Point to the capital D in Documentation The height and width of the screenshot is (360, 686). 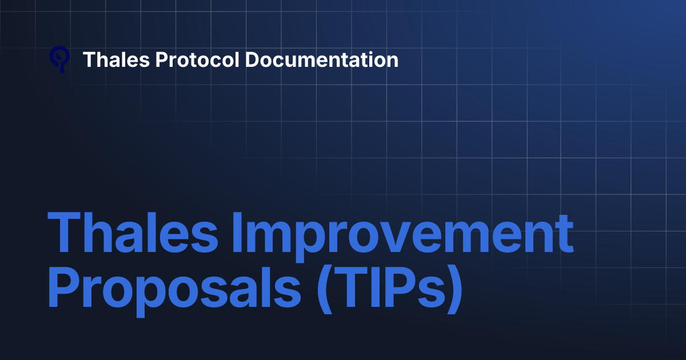pyautogui.click(x=253, y=59)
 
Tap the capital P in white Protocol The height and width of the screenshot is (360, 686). pyautogui.click(x=161, y=59)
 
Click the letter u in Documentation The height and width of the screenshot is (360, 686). pyautogui.click(x=295, y=61)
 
